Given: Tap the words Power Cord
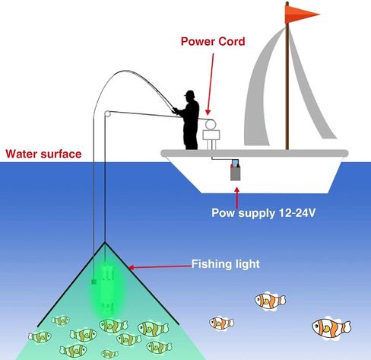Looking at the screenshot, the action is pyautogui.click(x=213, y=42).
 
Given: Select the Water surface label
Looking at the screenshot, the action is pyautogui.click(x=43, y=154).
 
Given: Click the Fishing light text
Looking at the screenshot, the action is pyautogui.click(x=226, y=264).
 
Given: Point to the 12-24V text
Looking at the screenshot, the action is pyautogui.click(x=297, y=212).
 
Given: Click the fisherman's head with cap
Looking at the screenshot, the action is pyautogui.click(x=190, y=94).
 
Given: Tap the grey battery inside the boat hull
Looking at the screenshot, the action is pyautogui.click(x=235, y=170).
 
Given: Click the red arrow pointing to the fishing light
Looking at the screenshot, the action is pyautogui.click(x=160, y=266).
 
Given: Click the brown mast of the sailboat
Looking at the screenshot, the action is pyautogui.click(x=287, y=76).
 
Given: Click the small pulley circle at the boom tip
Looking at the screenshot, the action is pyautogui.click(x=107, y=113).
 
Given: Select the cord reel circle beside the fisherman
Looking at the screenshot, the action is pyautogui.click(x=211, y=125).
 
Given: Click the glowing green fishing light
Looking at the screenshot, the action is pyautogui.click(x=108, y=288).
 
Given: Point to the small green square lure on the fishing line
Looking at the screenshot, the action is pyautogui.click(x=94, y=282).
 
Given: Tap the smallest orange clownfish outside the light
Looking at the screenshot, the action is pyautogui.click(x=222, y=323).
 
